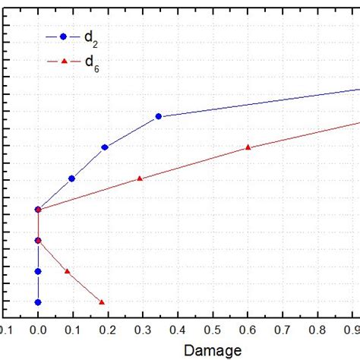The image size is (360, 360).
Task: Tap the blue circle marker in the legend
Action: [63, 36]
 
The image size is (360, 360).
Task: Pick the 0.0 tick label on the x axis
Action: [37, 330]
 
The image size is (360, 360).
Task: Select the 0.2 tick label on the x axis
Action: [108, 330]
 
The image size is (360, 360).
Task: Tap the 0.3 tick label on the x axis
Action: [143, 330]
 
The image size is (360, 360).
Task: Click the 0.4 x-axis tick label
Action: [178, 330]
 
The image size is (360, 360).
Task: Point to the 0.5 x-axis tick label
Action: [213, 330]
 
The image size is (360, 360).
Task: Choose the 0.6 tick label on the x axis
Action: [248, 330]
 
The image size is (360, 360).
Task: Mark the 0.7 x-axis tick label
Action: [283, 330]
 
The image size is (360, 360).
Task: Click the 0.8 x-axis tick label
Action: [318, 330]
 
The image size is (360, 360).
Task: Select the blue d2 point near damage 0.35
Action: [158, 116]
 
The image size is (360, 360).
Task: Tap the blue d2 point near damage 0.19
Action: [105, 147]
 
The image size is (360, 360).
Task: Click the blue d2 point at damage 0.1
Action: [71, 178]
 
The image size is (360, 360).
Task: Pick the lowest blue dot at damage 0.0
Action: [38, 302]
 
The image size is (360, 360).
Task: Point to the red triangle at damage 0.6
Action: [248, 147]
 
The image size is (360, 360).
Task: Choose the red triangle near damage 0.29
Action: [140, 178]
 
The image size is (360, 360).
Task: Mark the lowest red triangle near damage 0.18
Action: [102, 302]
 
